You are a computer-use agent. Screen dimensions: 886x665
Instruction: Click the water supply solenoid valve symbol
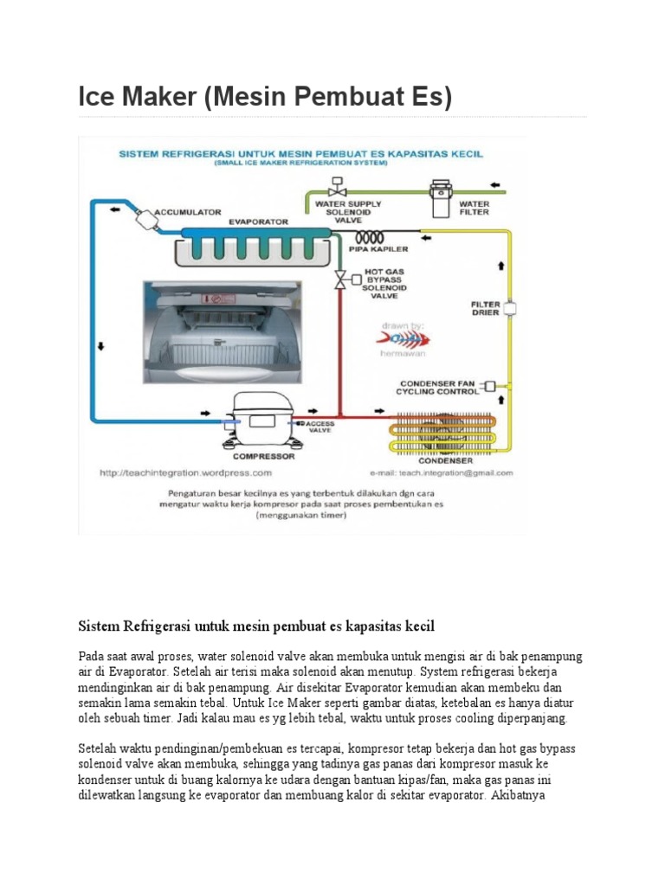(335, 188)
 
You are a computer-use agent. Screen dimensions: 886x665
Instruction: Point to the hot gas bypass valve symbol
(340, 279)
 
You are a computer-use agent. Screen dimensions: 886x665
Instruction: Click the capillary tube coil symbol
(371, 237)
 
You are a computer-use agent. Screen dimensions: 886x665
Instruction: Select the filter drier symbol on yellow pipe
(509, 307)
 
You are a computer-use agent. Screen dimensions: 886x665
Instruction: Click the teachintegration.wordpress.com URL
(186, 473)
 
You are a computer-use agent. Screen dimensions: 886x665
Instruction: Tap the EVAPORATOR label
(258, 221)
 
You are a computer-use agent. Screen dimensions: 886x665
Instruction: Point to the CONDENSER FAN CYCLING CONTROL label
(438, 387)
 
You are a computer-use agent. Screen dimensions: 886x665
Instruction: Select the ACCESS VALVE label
(320, 427)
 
